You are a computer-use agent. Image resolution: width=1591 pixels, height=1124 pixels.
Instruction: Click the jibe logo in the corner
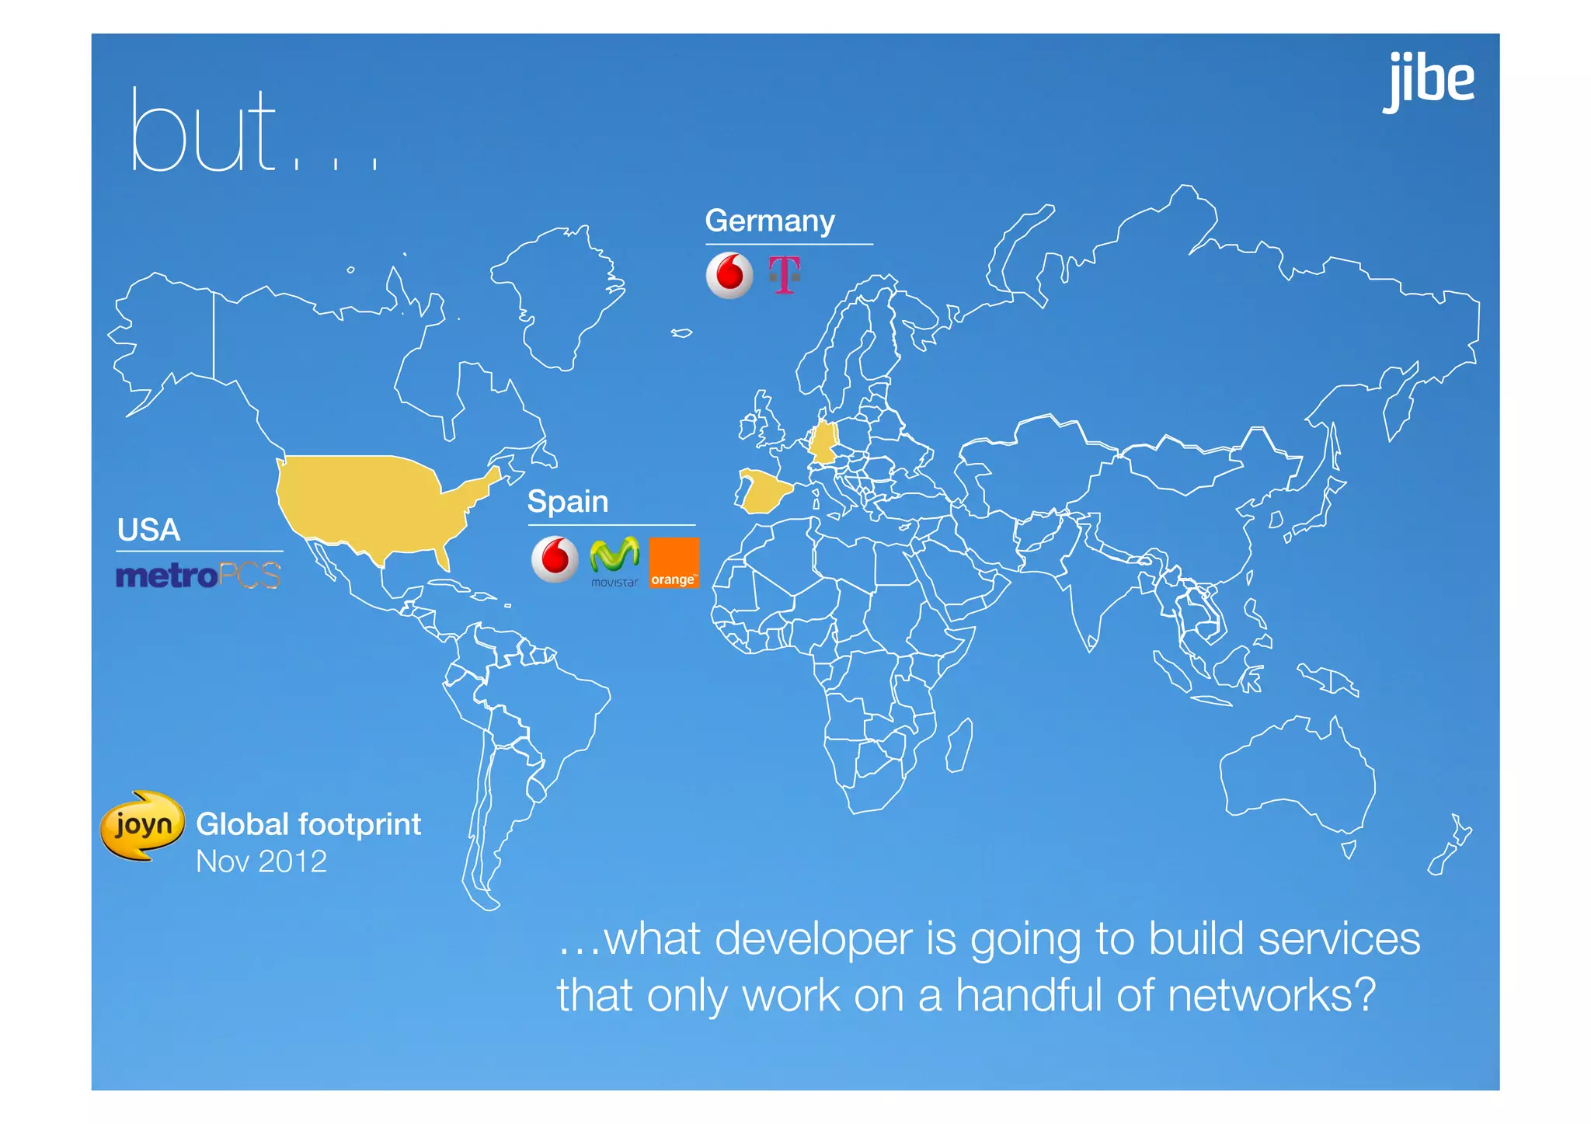coord(1429,81)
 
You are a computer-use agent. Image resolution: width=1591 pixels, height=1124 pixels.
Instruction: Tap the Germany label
coord(769,221)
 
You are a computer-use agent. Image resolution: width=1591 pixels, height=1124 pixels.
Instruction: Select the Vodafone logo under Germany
coord(729,275)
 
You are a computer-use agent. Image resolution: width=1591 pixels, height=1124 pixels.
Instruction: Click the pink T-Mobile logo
coord(784,275)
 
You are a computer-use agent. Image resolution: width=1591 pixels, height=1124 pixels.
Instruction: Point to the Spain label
coord(567,502)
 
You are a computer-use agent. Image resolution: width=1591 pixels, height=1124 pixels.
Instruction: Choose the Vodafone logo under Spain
coord(555,559)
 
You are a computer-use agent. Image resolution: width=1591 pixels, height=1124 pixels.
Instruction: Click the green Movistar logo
coord(614,560)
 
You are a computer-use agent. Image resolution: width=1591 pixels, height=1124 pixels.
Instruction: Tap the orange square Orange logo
coord(674,562)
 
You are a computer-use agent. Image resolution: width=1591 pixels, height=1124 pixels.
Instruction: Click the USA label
coord(148,531)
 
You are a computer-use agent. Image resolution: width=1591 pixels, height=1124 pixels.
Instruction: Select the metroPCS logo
coord(198,576)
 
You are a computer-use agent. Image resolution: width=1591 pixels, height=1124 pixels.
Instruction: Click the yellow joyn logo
coord(142,825)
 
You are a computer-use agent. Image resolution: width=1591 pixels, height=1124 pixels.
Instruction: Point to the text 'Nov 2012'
coord(261,861)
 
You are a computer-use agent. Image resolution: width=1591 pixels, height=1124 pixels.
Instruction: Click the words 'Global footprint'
coord(308,824)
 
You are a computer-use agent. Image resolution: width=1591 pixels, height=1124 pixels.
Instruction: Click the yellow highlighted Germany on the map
coord(823,443)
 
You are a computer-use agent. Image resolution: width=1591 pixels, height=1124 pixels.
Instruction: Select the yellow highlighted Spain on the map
coord(764,492)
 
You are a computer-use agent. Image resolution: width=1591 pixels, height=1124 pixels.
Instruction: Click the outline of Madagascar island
coord(959,745)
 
